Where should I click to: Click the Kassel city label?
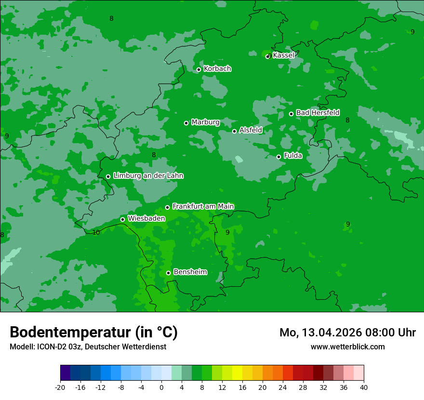coord(283,55)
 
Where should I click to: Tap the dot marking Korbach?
coord(199,69)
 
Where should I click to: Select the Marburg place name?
coord(205,122)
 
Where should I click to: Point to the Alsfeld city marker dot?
coord(235,131)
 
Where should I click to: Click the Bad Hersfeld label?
coord(318,113)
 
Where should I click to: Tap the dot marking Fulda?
coord(278,157)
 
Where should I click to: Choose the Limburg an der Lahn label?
coord(148,176)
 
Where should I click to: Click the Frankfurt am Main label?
coord(203,206)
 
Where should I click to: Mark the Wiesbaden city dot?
coord(122,219)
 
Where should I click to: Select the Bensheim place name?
coord(190,272)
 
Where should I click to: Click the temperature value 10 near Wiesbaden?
coord(96,232)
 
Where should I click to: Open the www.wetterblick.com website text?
coord(347,347)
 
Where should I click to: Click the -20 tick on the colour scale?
coord(60,387)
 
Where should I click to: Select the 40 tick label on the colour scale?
coord(363,387)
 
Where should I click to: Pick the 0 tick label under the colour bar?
coord(161,387)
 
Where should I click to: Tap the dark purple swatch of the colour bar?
coord(66,373)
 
